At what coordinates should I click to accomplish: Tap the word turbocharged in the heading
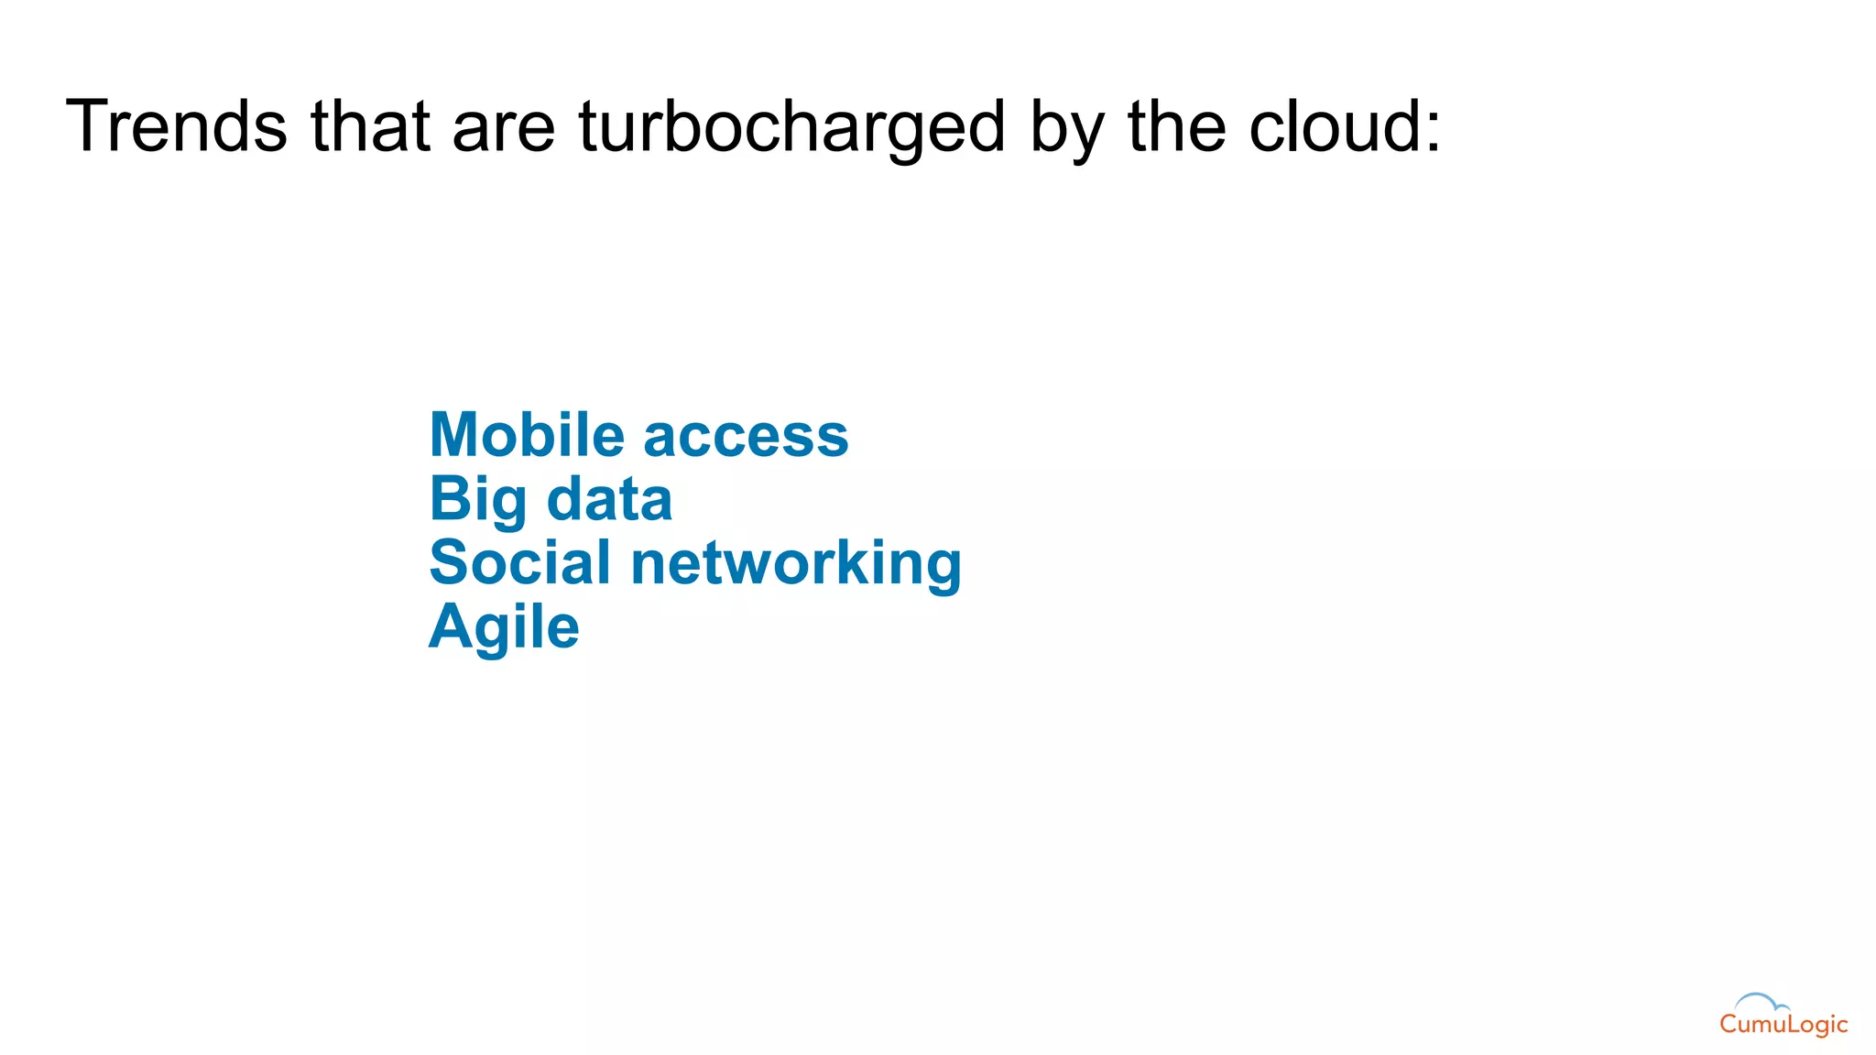(792, 128)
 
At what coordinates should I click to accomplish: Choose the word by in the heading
(1067, 128)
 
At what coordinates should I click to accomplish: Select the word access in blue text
(747, 438)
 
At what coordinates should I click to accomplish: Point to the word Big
(478, 500)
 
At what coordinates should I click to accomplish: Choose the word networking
(796, 564)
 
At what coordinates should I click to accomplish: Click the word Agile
(504, 628)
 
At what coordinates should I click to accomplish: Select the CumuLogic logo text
(1783, 1025)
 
